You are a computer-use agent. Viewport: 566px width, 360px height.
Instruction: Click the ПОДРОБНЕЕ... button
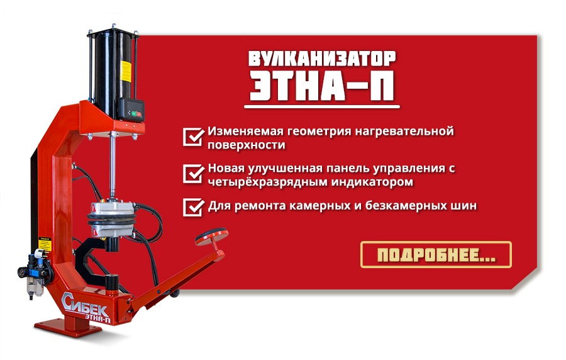pyautogui.click(x=436, y=254)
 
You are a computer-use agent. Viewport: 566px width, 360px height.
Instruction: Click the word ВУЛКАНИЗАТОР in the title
pyautogui.click(x=322, y=59)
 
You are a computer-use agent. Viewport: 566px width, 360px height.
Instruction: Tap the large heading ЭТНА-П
pyautogui.click(x=322, y=86)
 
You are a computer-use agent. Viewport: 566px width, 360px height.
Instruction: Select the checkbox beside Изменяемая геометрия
pyautogui.click(x=193, y=137)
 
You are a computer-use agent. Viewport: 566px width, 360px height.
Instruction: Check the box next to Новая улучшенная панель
pyautogui.click(x=193, y=174)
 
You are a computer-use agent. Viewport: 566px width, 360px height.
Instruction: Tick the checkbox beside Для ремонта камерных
pyautogui.click(x=193, y=207)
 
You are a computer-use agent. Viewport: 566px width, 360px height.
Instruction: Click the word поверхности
pyautogui.click(x=246, y=145)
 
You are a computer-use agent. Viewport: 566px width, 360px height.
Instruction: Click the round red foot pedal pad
pyautogui.click(x=211, y=237)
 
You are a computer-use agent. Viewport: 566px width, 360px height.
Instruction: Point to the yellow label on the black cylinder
pyautogui.click(x=126, y=72)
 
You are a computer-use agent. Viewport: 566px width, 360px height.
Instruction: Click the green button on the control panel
pyautogui.click(x=134, y=113)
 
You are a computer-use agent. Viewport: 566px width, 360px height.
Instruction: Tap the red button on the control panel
pyautogui.click(x=140, y=115)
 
